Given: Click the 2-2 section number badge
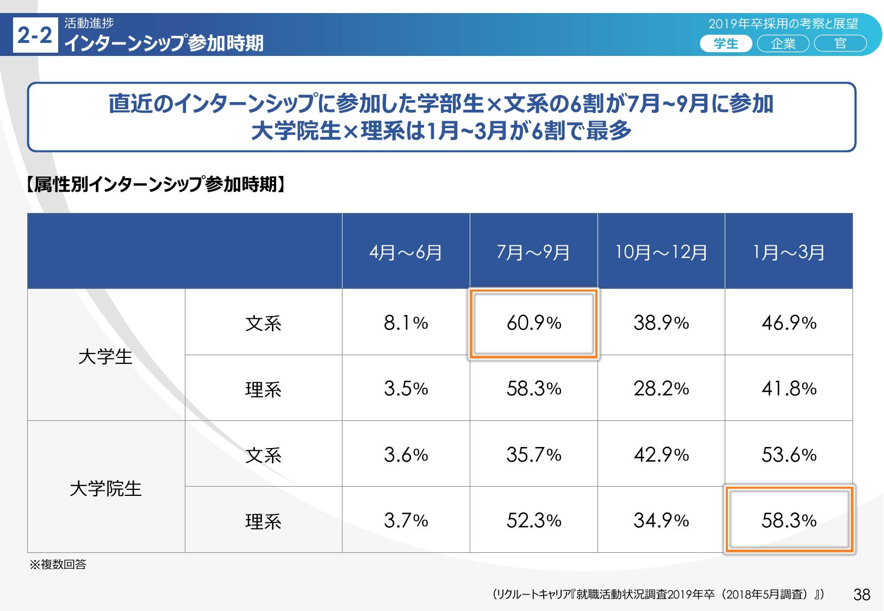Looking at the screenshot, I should point(35,36).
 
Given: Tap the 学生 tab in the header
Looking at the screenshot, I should point(726,43).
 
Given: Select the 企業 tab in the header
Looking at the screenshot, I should point(783,43).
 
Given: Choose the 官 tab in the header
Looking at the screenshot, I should point(840,43).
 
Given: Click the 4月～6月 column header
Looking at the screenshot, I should point(406,252).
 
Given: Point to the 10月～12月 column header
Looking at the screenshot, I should point(661,252).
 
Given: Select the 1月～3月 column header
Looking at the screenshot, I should point(789,252).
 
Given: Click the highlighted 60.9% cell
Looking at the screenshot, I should point(534,323).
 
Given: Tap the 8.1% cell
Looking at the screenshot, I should point(406,323).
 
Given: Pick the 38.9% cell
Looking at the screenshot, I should point(661,323).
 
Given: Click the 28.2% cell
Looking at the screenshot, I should point(661,389).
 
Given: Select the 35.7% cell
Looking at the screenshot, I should point(534,455).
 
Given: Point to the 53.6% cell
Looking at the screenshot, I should point(789,455).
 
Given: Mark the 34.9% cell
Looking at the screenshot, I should point(661,520).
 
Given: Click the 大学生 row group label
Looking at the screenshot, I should point(105,357).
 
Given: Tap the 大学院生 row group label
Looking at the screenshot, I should point(105,488).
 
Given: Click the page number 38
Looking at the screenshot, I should point(862,595).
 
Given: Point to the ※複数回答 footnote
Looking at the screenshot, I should point(58,565).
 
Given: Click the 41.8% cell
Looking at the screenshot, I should point(789,389).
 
